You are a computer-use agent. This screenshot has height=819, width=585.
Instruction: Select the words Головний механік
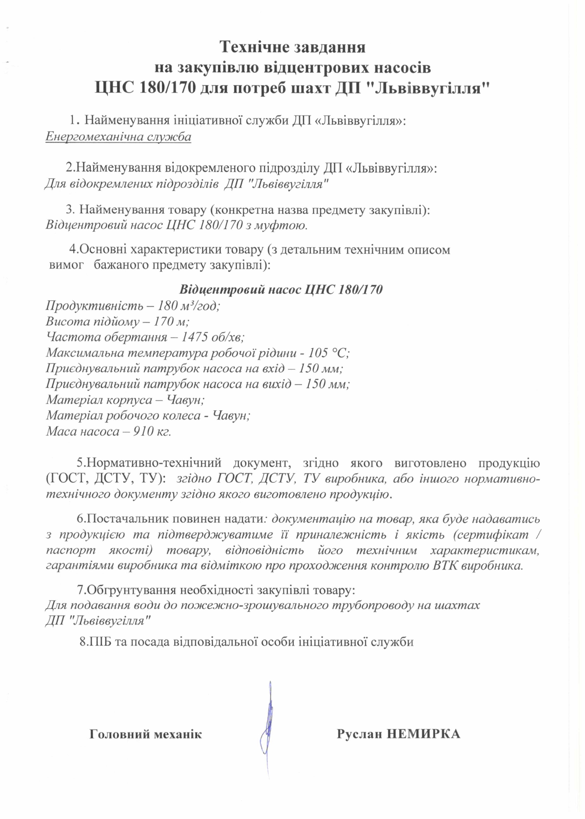(146, 734)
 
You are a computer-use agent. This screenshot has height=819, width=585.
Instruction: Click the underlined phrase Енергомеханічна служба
(118, 137)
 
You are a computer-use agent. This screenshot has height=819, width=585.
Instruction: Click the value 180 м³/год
(189, 306)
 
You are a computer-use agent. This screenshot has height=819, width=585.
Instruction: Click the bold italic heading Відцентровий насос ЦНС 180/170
(281, 290)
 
